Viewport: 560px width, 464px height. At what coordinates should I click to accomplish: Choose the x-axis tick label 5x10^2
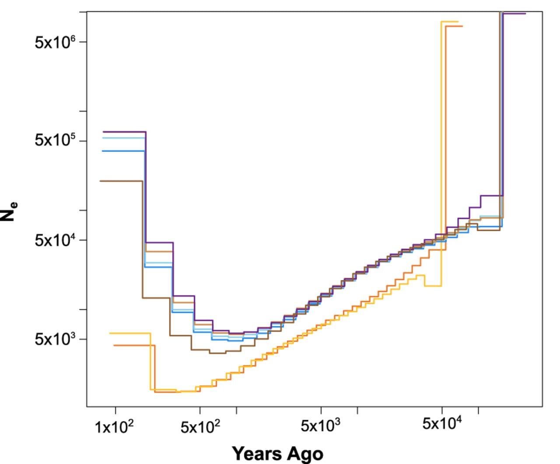pyautogui.click(x=200, y=426)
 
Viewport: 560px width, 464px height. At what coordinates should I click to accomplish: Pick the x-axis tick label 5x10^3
pyautogui.click(x=321, y=425)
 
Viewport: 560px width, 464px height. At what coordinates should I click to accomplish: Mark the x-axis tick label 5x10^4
pyautogui.click(x=442, y=423)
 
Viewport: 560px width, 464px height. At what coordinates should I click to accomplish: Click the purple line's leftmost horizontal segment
pyautogui.click(x=124, y=132)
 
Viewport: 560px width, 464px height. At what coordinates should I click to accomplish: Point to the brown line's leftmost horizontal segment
pyautogui.click(x=121, y=181)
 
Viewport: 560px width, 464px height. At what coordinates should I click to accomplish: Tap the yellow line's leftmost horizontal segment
pyautogui.click(x=130, y=333)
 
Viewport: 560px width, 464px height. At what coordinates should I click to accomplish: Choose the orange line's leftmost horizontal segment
pyautogui.click(x=134, y=345)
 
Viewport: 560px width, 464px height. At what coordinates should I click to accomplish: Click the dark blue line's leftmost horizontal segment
pyautogui.click(x=123, y=151)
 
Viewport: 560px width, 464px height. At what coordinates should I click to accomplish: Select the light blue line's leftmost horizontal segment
pyautogui.click(x=124, y=138)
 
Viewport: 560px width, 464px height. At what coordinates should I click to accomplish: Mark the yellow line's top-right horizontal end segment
pyautogui.click(x=450, y=21)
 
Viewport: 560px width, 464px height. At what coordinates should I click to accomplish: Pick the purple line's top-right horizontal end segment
pyautogui.click(x=514, y=14)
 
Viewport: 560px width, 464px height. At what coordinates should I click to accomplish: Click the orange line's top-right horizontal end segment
pyautogui.click(x=454, y=26)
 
